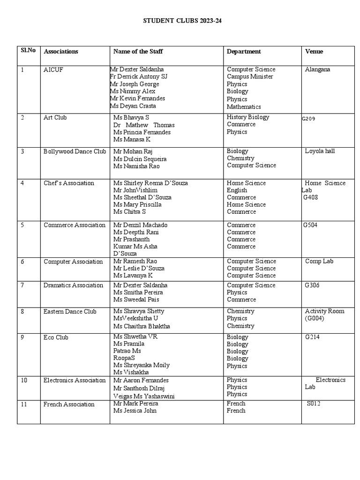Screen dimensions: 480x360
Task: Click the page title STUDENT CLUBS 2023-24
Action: (180, 21)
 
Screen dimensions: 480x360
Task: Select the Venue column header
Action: (314, 52)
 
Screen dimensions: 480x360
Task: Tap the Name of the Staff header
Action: (138, 52)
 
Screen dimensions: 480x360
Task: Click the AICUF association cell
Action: (52, 69)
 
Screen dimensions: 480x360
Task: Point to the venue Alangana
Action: (317, 69)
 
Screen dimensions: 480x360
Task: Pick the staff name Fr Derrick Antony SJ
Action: (138, 76)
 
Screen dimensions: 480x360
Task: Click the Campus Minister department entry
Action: (250, 76)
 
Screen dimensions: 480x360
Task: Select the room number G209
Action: (308, 119)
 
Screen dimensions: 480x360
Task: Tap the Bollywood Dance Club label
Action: (75, 151)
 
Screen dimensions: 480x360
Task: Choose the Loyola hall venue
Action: (320, 151)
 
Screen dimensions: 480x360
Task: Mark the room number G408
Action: (311, 197)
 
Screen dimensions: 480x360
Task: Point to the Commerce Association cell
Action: (75, 225)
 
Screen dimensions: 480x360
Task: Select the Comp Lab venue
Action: (319, 261)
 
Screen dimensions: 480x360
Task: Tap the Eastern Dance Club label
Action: (70, 311)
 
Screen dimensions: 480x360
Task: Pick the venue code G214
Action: (313, 337)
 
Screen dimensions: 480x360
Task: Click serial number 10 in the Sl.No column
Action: (24, 380)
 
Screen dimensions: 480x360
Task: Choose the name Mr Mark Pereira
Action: (135, 403)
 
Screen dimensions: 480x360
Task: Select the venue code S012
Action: (314, 403)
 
